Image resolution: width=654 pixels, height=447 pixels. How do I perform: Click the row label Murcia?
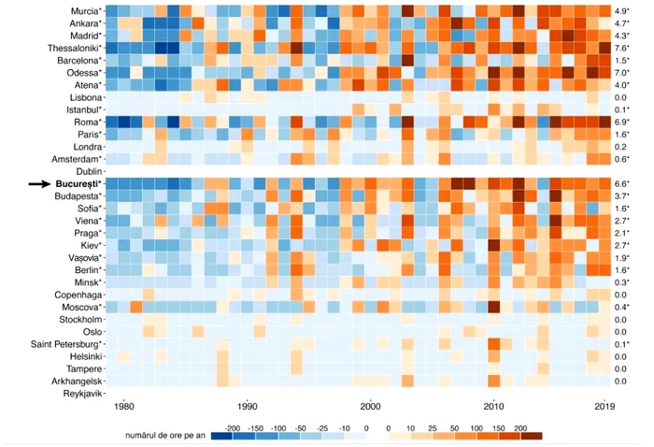[x=81, y=10]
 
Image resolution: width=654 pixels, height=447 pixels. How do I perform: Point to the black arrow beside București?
[x=39, y=184]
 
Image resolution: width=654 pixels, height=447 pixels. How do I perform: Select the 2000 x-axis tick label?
[x=370, y=407]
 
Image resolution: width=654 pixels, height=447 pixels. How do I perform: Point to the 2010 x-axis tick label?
[x=493, y=407]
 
